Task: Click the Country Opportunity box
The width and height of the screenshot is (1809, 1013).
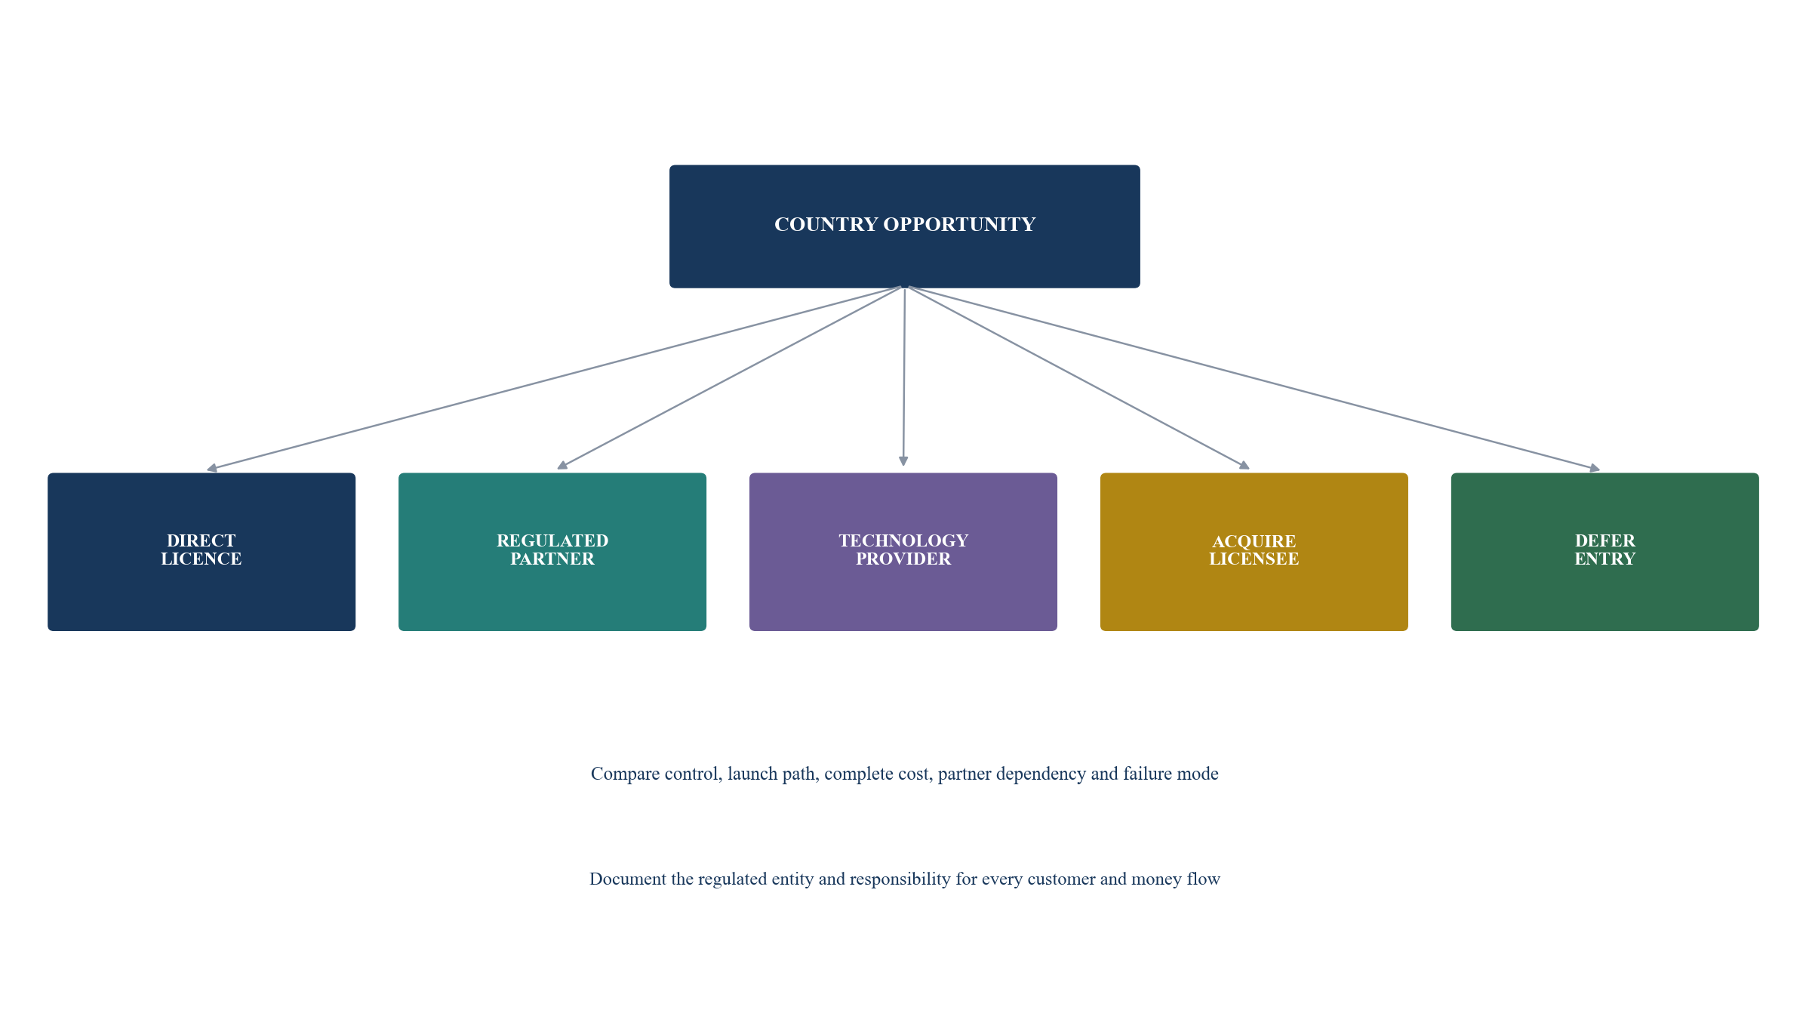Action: (x=904, y=226)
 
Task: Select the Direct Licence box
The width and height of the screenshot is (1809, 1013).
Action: (x=202, y=552)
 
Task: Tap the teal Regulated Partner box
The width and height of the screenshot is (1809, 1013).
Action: (x=552, y=552)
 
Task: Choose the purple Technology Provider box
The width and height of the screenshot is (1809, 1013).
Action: (x=903, y=552)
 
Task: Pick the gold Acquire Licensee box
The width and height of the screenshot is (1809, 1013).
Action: (x=1254, y=552)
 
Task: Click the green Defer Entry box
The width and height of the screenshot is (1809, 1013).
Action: (x=1605, y=552)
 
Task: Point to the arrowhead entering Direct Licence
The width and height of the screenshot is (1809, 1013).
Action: (x=212, y=468)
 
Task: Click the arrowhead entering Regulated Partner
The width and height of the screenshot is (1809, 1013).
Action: (x=562, y=465)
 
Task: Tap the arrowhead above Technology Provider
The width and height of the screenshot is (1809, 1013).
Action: (x=903, y=461)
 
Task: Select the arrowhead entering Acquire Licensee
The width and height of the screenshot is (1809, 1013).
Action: (x=1244, y=465)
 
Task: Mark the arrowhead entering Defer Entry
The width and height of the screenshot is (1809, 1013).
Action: (x=1595, y=468)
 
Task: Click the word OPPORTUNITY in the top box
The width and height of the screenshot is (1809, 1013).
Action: (x=959, y=225)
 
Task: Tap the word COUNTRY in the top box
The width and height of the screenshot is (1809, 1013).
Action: (x=826, y=225)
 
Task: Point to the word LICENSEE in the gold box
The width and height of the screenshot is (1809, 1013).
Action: (x=1254, y=559)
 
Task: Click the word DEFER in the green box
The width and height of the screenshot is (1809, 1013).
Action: (x=1605, y=540)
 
